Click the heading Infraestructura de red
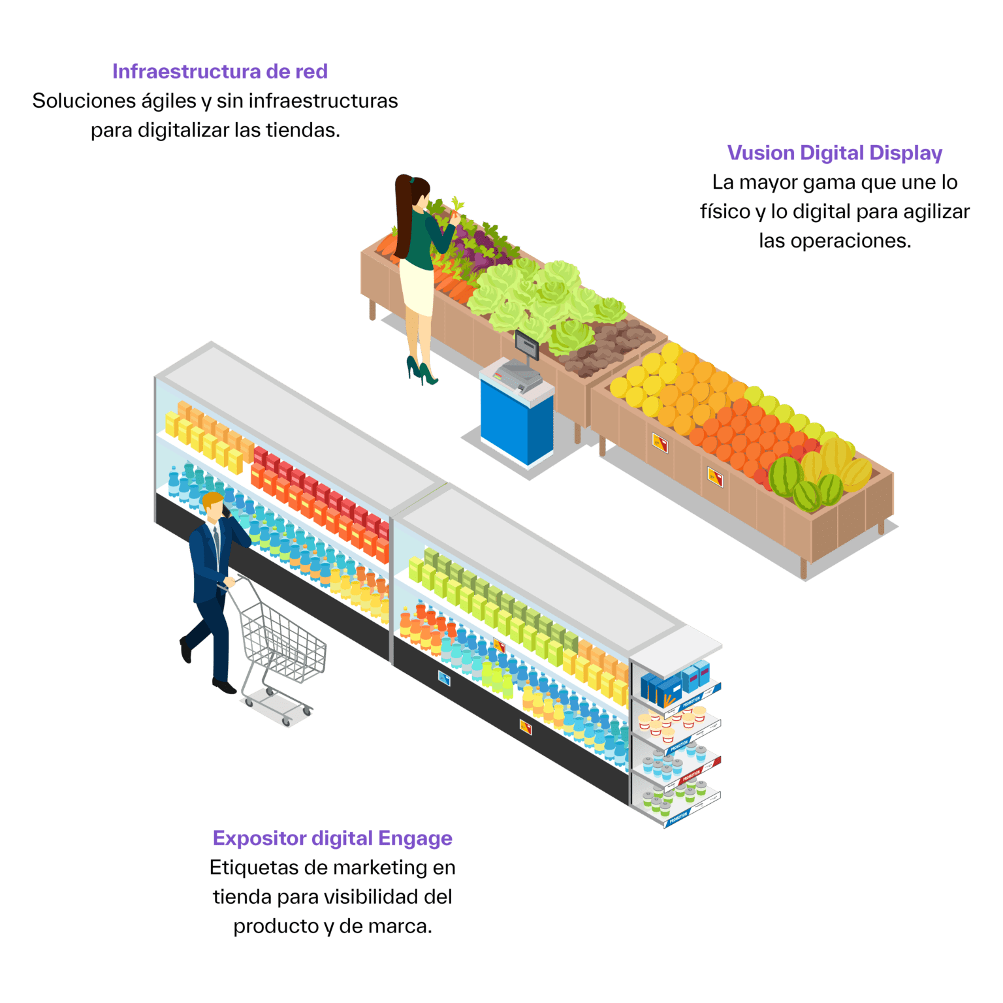click(219, 72)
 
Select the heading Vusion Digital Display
click(835, 153)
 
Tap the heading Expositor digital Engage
click(332, 838)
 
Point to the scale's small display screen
click(527, 344)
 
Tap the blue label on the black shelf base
click(444, 678)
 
